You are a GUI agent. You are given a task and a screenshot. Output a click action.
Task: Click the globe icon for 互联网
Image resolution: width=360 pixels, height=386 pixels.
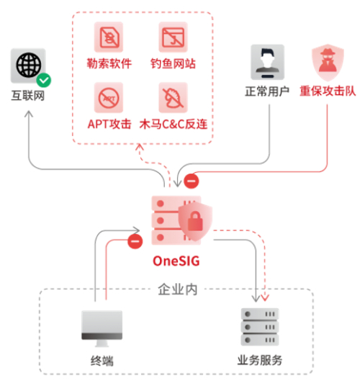click(x=28, y=66)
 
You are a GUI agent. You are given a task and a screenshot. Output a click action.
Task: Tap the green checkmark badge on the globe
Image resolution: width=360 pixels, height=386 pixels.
click(x=44, y=80)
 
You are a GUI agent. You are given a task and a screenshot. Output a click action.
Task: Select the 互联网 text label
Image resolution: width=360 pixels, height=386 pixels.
click(x=28, y=95)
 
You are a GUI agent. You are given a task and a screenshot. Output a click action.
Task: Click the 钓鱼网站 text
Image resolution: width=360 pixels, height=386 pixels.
click(x=173, y=63)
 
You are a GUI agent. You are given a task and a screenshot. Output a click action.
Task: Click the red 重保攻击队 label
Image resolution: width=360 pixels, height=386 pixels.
click(x=325, y=92)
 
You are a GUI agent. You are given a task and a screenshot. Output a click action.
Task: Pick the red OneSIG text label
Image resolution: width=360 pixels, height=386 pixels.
click(x=176, y=259)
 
